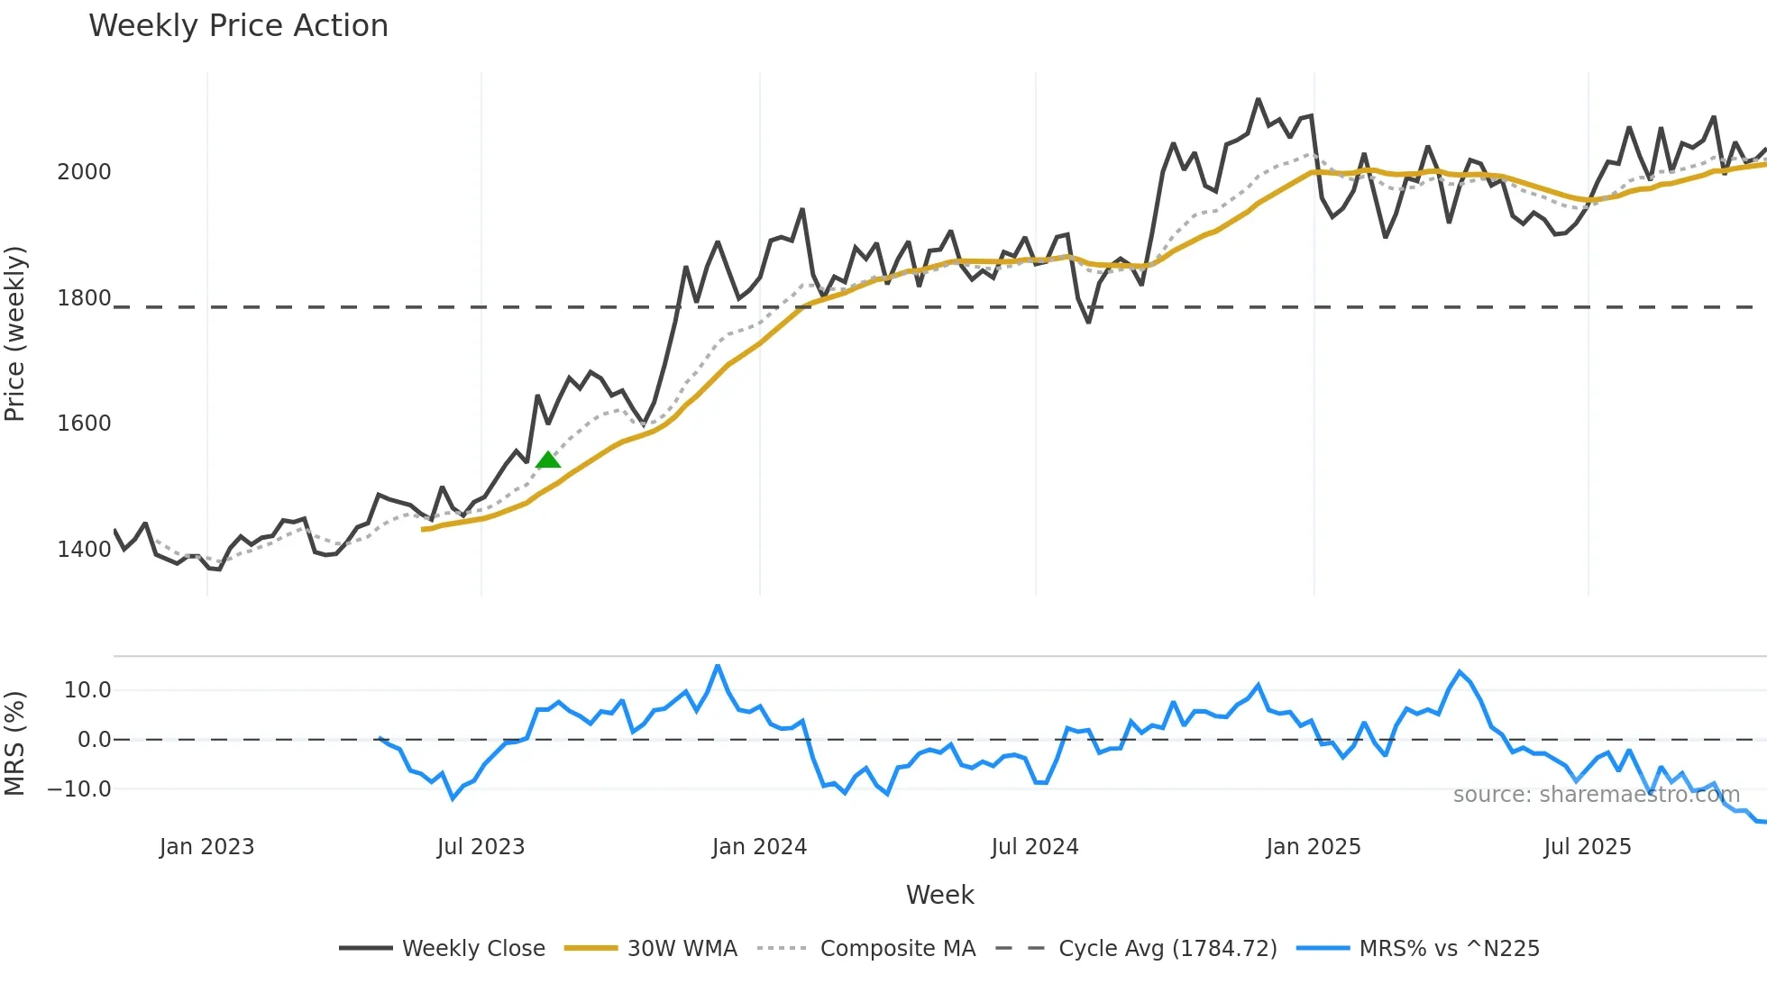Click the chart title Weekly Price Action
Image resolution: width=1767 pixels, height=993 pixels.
coord(238,25)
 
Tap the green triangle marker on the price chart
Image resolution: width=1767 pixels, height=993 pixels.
coord(548,460)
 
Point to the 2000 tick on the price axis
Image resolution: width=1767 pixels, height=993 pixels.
coord(84,172)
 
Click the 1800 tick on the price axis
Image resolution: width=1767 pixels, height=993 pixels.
coord(84,298)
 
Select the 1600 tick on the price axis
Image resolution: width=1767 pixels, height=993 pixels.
coord(84,424)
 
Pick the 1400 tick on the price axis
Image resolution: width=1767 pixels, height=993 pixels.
coord(84,550)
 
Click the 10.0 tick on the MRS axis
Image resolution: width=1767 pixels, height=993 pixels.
coord(87,690)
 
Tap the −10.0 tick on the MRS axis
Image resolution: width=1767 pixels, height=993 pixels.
coord(79,789)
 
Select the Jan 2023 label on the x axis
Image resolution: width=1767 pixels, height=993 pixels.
coord(206,847)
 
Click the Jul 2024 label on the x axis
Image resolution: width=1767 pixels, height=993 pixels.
coord(1034,847)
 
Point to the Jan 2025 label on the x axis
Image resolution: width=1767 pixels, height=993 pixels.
coord(1313,847)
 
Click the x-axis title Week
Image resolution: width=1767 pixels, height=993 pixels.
coord(939,895)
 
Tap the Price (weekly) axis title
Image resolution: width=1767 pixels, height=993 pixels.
coord(15,333)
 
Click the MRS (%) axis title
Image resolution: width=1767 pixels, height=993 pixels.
coord(15,743)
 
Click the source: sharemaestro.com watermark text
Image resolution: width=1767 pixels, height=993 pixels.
coord(1596,795)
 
